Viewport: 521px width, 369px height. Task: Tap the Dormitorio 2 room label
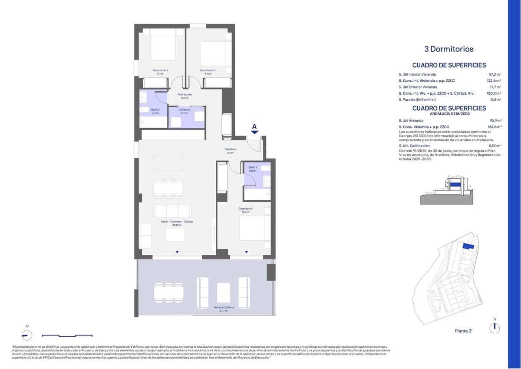pyautogui.click(x=208, y=70)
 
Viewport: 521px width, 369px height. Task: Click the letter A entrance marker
pyautogui.click(x=255, y=127)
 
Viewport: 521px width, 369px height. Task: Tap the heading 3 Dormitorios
pyautogui.click(x=448, y=49)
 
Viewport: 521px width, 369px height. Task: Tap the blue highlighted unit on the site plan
pyautogui.click(x=468, y=246)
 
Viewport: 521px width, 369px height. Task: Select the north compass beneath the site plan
pyautogui.click(x=494, y=328)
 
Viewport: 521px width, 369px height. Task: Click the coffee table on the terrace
pyautogui.click(x=223, y=293)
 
